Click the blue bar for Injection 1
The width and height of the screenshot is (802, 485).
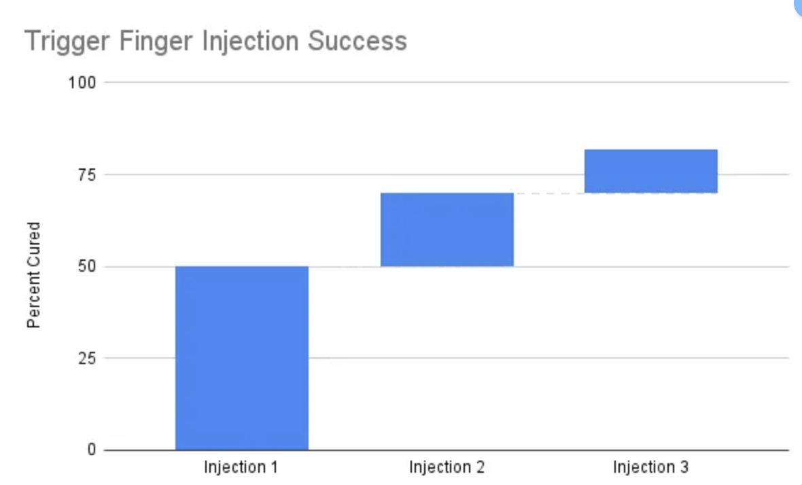point(242,358)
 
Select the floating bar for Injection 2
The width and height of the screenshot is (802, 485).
point(447,230)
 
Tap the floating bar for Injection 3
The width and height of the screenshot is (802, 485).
point(651,170)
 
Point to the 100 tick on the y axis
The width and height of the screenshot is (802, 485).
point(82,82)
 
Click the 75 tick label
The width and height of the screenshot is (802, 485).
point(86,175)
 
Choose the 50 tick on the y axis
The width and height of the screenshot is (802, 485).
point(86,266)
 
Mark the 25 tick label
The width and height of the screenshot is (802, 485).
point(86,358)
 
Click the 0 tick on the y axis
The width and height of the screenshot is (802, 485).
point(92,450)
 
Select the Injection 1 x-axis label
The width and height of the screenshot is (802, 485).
point(241,467)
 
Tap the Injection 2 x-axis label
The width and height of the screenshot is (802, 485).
point(447,467)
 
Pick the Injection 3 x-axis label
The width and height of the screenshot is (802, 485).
point(650,467)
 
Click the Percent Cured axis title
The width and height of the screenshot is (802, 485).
point(34,275)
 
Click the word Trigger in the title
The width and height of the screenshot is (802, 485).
point(67,41)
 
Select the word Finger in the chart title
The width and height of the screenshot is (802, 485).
point(156,41)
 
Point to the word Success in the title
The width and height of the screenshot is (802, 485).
point(357,41)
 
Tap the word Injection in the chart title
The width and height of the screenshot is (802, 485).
point(250,41)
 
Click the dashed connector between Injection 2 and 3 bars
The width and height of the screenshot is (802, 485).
point(549,194)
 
